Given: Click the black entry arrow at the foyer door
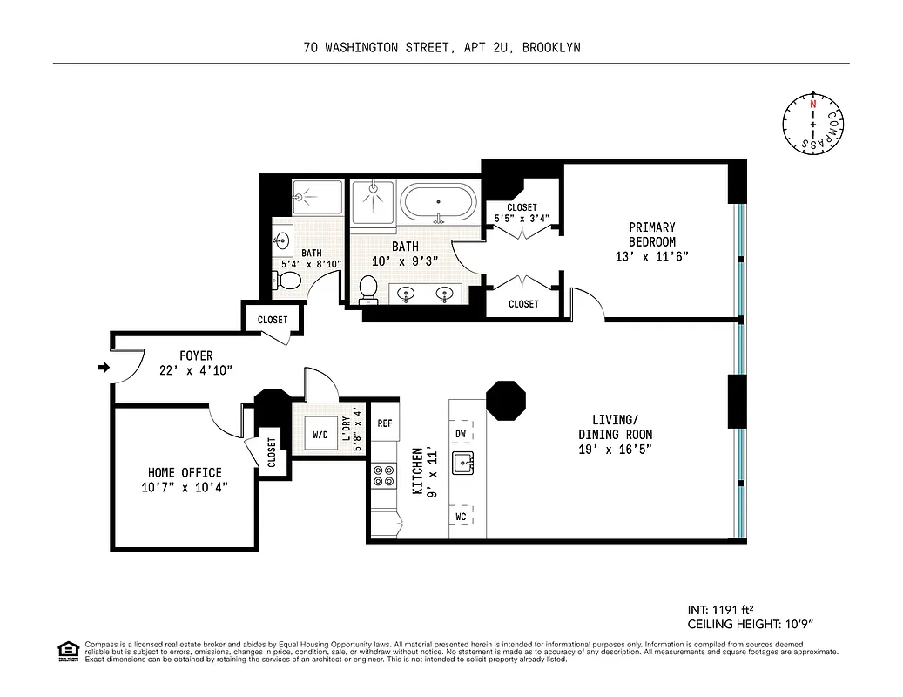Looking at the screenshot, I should pos(103,368).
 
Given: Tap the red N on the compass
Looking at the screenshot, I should pos(813,105).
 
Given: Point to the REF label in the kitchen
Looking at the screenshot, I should pos(385,423).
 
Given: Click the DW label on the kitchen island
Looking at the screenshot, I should pos(462,434).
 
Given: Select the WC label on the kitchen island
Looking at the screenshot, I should pos(462,518).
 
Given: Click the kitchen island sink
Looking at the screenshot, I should pos(463,464).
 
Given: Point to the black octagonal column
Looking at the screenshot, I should pos(505,400).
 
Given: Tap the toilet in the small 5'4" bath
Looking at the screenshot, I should pos(287,281).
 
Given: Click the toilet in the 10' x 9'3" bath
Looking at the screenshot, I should pos(368,288).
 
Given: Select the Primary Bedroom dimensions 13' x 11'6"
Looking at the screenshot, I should pos(652,256).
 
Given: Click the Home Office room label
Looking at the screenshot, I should pos(184,473).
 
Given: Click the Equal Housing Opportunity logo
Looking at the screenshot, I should pos(67,650).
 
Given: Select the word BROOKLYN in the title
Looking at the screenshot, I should pos(550,48).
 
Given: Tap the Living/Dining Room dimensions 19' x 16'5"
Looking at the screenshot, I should pos(616,449).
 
